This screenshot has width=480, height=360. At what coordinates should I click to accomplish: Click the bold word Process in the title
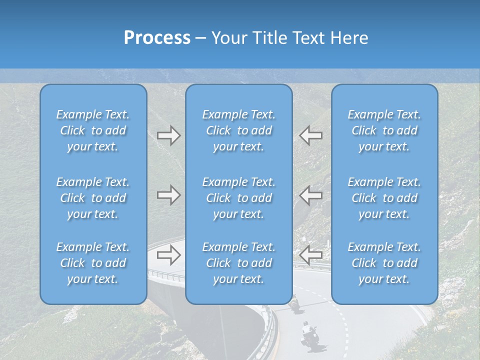tap(157, 38)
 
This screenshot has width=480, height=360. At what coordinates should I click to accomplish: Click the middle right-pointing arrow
tap(168, 195)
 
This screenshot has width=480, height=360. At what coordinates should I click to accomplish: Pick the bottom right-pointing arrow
tap(168, 255)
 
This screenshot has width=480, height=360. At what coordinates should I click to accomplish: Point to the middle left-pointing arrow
tap(311, 195)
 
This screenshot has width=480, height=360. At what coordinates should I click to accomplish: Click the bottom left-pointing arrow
tap(311, 255)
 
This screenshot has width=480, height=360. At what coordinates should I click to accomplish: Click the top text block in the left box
tap(93, 130)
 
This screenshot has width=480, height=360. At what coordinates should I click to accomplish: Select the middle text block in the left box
tap(93, 198)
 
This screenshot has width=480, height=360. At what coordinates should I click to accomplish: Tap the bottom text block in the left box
tap(93, 263)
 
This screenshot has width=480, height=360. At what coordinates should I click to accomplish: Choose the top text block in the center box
tap(238, 130)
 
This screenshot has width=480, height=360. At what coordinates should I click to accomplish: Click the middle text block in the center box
tap(238, 198)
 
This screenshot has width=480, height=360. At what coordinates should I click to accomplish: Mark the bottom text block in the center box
tap(238, 263)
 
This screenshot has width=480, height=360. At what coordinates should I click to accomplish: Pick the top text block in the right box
tap(384, 130)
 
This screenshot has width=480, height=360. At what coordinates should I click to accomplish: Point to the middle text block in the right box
tap(384, 198)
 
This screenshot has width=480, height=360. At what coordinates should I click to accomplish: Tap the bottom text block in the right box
tap(384, 263)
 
